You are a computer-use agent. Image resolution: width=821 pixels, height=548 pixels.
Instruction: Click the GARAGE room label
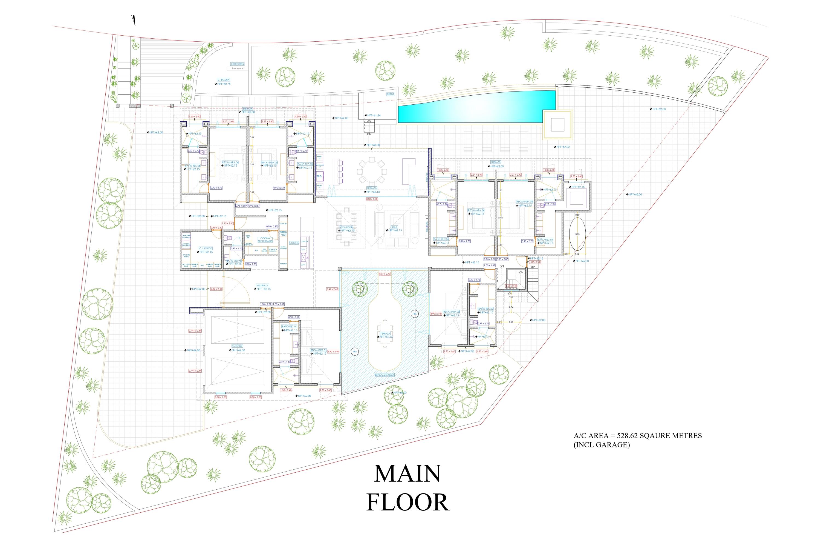click(237, 346)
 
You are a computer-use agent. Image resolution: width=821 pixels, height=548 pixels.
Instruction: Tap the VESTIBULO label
click(262, 285)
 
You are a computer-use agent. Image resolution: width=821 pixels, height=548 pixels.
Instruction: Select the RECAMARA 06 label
click(230, 162)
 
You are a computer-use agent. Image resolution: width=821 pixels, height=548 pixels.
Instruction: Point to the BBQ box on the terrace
click(319, 176)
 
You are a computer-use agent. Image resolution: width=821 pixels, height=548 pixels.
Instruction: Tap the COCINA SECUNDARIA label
click(265, 239)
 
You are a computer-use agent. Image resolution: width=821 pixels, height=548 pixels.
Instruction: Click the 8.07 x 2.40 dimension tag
click(385, 274)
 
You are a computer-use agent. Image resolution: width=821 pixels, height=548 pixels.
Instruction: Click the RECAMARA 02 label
click(451, 311)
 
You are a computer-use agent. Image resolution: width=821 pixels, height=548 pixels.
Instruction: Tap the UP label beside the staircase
click(533, 267)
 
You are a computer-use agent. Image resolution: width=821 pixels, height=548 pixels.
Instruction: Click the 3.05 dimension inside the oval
click(577, 235)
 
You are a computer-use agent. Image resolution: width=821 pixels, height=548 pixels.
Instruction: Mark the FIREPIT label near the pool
click(390, 94)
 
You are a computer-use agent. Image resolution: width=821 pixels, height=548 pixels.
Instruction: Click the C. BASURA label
click(223, 80)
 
